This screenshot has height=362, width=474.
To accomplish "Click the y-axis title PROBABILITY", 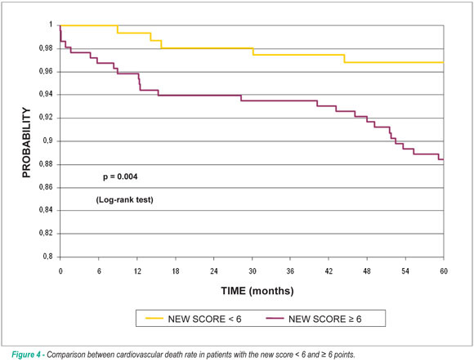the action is pos(27,143).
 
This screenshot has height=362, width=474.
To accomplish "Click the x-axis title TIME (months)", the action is pos(257,291).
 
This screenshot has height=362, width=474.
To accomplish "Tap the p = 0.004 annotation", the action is pos(120,177).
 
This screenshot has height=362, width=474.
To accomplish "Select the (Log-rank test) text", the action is pos(124,200).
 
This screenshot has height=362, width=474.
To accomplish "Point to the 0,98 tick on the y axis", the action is pos(46,48).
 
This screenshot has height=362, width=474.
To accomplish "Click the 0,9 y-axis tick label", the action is pos(47,141).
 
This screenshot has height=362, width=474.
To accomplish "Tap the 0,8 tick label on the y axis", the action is pos(47,257).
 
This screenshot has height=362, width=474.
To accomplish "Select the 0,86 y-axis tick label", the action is pos(46,187).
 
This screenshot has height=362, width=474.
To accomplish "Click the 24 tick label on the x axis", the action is pos(214,271).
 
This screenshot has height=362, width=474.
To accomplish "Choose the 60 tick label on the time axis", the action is pos(444,271).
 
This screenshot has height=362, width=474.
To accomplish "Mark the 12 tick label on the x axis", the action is pos(137,271).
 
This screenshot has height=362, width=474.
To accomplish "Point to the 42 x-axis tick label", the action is pos(329,271).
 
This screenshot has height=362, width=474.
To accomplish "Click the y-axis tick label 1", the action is pos(51,25).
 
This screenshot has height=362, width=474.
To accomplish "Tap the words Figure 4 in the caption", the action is pos(26,355).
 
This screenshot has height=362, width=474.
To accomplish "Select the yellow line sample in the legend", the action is pos(154,319).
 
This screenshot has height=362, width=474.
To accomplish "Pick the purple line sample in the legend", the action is pos(275,319).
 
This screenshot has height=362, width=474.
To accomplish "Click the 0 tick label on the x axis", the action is pos(60,271).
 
